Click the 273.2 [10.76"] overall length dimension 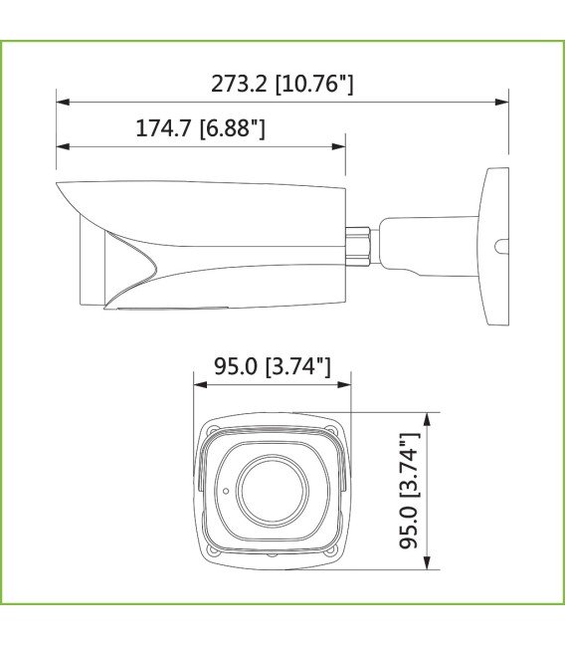click(282, 84)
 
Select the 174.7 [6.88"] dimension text click(200, 129)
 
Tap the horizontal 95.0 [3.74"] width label click(272, 366)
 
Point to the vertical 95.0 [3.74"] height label click(409, 491)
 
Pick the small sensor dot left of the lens click(225, 491)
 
